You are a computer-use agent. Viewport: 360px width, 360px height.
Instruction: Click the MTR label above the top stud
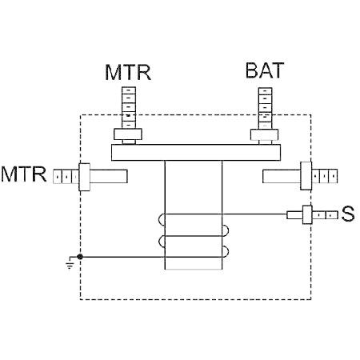click(128, 72)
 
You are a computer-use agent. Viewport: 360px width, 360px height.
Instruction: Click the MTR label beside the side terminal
click(24, 174)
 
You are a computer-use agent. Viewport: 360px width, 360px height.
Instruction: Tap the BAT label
click(265, 70)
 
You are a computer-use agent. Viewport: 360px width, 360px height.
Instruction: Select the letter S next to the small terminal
click(348, 214)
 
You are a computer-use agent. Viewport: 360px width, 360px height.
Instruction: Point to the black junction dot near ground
click(80, 257)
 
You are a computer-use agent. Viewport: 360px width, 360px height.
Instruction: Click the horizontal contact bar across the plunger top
click(196, 153)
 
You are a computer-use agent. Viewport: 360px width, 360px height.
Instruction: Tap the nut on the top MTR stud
click(128, 134)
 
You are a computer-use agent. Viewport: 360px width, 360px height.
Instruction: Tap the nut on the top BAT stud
click(265, 134)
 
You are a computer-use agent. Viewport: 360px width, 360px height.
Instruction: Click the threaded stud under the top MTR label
click(129, 107)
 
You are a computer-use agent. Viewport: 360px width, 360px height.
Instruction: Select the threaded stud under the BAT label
click(266, 108)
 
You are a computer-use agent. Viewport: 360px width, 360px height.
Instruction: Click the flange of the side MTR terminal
click(85, 177)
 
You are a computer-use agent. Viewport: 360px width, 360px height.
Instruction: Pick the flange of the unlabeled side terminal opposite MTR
click(306, 176)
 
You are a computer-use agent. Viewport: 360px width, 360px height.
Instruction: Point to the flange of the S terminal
click(307, 214)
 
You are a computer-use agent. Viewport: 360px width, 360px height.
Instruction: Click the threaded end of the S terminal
click(325, 215)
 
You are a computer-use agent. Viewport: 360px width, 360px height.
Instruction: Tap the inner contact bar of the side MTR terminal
click(109, 176)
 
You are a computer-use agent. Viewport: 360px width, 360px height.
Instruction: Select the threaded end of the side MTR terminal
click(66, 176)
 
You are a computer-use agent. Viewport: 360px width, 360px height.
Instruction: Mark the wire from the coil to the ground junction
click(150, 257)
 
